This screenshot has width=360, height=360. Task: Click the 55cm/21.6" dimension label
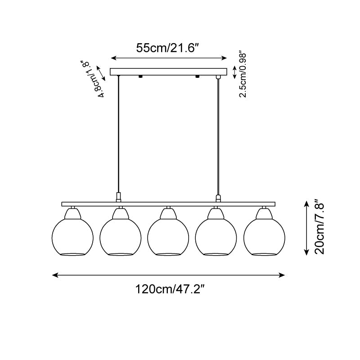(167, 48)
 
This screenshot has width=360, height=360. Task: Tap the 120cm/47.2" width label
(170, 289)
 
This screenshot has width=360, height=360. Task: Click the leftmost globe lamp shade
(72, 237)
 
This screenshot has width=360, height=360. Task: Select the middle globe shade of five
(168, 237)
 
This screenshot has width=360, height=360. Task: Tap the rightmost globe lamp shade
(264, 237)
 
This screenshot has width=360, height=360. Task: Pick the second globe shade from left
(121, 237)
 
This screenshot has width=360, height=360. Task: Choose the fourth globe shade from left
(216, 237)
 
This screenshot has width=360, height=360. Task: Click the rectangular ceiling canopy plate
(168, 72)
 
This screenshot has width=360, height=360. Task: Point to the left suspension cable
(118, 135)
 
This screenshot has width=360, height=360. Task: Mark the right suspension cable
(218, 137)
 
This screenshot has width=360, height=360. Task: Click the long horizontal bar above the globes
(168, 204)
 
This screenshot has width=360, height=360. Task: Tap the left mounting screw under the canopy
(140, 76)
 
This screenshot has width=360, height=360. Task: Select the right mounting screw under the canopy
(197, 76)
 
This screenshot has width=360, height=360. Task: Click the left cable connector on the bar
(118, 198)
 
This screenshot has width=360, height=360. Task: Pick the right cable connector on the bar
(218, 198)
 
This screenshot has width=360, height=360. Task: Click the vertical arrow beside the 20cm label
(306, 228)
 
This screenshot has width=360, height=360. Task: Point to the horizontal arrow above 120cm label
(168, 275)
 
